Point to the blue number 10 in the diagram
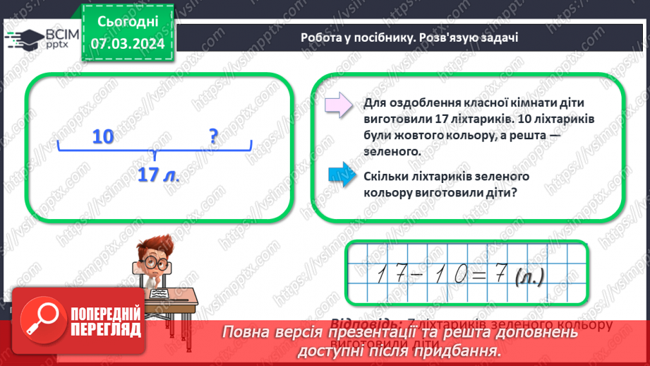pyautogui.click(x=103, y=136)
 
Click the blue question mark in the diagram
pyautogui.click(x=214, y=136)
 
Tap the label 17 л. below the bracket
pyautogui.click(x=158, y=176)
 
